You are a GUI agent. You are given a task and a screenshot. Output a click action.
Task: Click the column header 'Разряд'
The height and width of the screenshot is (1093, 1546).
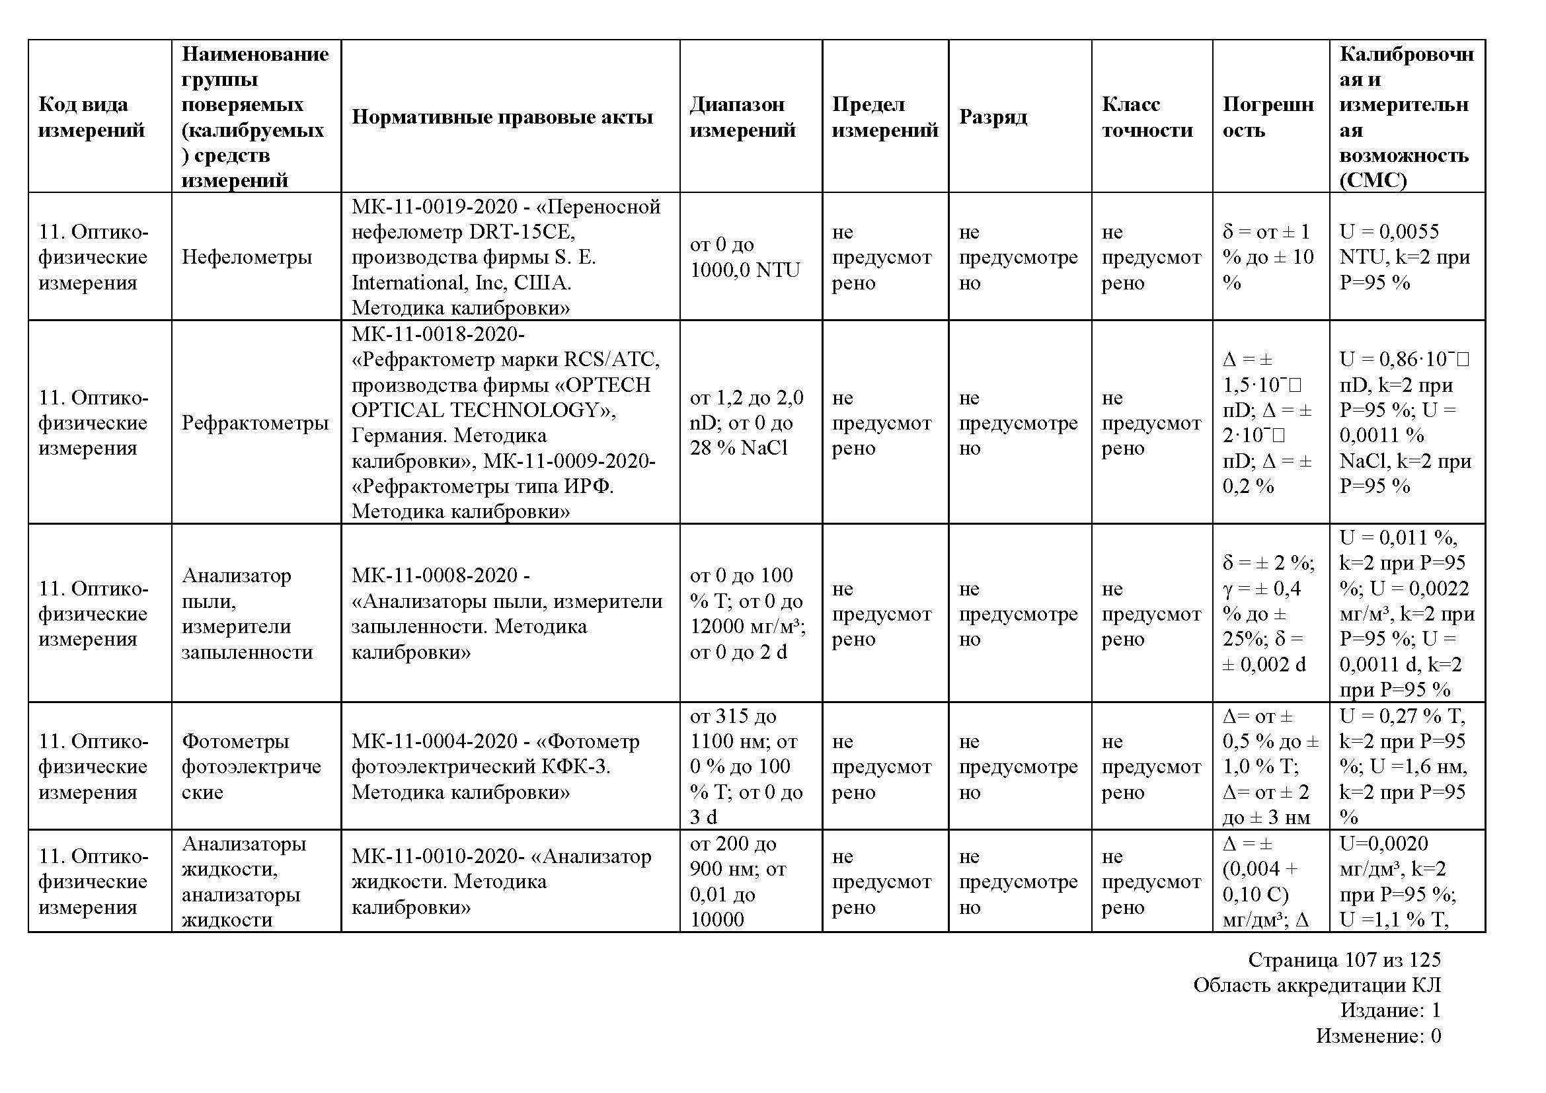tap(993, 116)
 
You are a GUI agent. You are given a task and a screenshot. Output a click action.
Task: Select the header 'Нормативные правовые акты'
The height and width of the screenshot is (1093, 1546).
tap(502, 116)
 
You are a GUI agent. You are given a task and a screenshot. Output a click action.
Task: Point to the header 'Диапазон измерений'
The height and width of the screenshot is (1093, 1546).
tap(742, 116)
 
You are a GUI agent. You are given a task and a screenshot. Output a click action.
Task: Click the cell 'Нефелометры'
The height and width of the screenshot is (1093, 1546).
tap(247, 256)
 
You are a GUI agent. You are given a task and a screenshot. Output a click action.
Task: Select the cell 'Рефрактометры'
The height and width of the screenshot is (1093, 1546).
tap(254, 423)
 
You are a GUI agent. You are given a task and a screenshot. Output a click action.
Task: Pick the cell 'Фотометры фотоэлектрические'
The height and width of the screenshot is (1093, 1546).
tap(251, 766)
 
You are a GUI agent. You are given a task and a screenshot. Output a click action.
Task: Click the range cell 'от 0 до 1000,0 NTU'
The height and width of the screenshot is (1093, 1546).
tap(745, 256)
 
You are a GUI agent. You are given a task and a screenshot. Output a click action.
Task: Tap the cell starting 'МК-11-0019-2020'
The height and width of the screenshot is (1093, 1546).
tap(505, 256)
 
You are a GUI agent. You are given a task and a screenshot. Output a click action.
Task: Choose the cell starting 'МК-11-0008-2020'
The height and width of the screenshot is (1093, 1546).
tap(506, 613)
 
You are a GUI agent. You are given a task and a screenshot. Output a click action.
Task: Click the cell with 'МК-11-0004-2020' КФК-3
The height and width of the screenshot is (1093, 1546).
tap(494, 766)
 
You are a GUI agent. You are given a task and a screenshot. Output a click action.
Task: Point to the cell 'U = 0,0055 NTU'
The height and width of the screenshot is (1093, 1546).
tap(1404, 256)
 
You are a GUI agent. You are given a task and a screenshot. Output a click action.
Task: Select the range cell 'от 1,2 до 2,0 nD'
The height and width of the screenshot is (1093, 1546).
tap(746, 423)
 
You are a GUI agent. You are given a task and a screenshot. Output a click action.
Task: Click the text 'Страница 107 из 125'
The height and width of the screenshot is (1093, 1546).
tap(1344, 959)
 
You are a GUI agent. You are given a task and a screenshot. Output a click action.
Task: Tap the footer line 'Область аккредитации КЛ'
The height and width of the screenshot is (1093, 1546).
tap(1317, 985)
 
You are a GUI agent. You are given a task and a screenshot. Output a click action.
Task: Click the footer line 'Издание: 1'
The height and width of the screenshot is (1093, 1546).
tap(1391, 1010)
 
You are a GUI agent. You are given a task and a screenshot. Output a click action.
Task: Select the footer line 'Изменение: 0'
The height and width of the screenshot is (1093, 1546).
tap(1378, 1036)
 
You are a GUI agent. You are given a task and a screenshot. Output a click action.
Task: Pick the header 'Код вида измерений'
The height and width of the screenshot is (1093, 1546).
tap(92, 116)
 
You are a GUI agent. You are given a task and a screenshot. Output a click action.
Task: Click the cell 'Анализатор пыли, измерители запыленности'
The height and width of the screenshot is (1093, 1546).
tap(247, 613)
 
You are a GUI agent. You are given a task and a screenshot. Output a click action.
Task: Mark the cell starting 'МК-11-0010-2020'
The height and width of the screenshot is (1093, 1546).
tap(501, 881)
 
